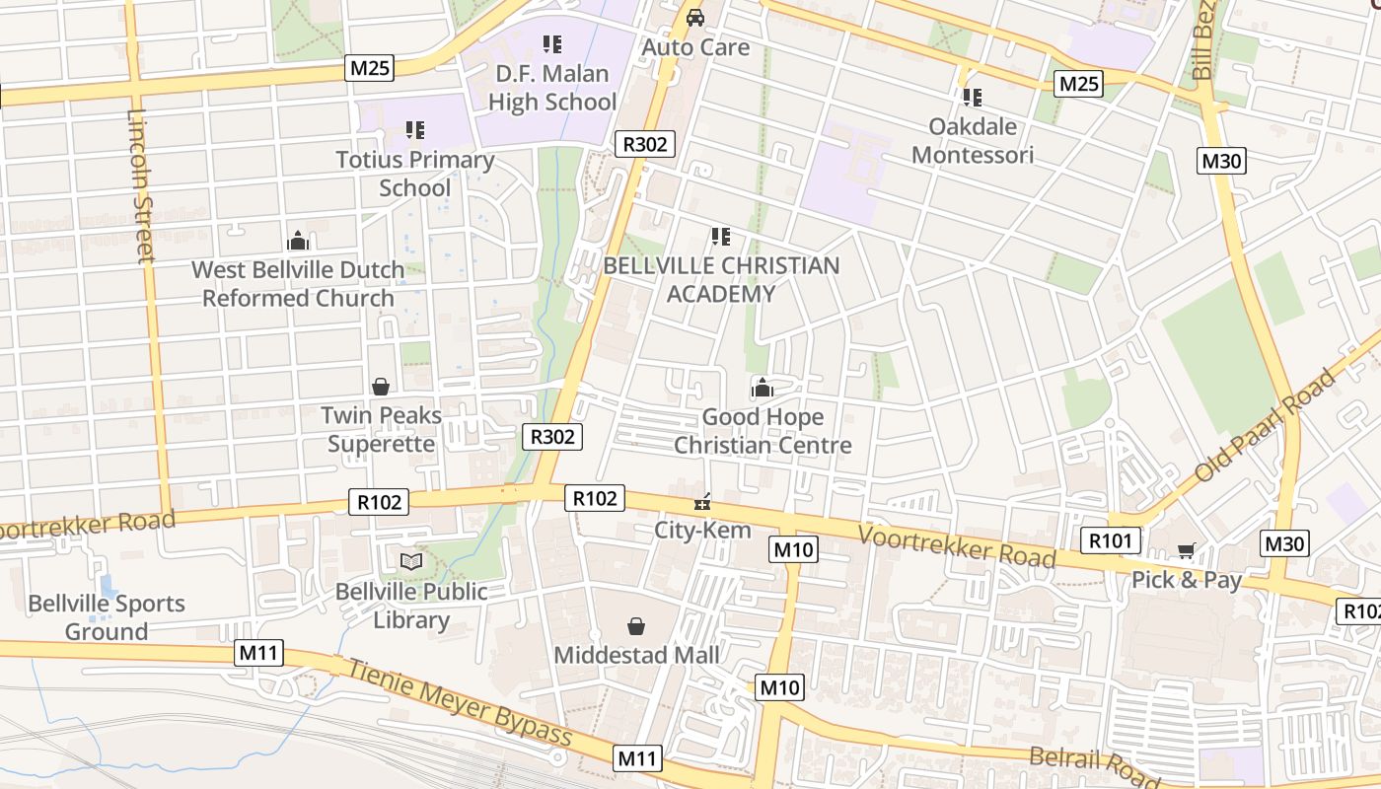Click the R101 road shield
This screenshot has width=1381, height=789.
(1111, 540)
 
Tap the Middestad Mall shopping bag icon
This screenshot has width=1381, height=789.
(636, 626)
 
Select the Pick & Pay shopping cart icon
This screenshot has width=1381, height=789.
(1186, 551)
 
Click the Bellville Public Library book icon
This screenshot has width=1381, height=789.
(410, 562)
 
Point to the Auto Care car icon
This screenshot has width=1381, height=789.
(695, 18)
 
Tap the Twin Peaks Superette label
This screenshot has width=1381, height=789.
(381, 429)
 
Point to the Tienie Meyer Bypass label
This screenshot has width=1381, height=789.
(458, 702)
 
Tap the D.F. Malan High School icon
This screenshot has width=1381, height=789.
(552, 43)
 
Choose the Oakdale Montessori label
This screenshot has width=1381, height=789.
(973, 140)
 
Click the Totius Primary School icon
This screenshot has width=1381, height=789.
(415, 129)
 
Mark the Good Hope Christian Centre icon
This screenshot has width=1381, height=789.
(763, 388)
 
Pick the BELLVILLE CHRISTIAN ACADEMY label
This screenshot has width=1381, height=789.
(721, 279)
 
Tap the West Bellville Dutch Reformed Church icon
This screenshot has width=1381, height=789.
(298, 241)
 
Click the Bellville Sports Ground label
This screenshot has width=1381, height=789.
(107, 617)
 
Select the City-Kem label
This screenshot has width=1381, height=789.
(703, 530)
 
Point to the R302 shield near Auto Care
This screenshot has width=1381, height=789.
(645, 144)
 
